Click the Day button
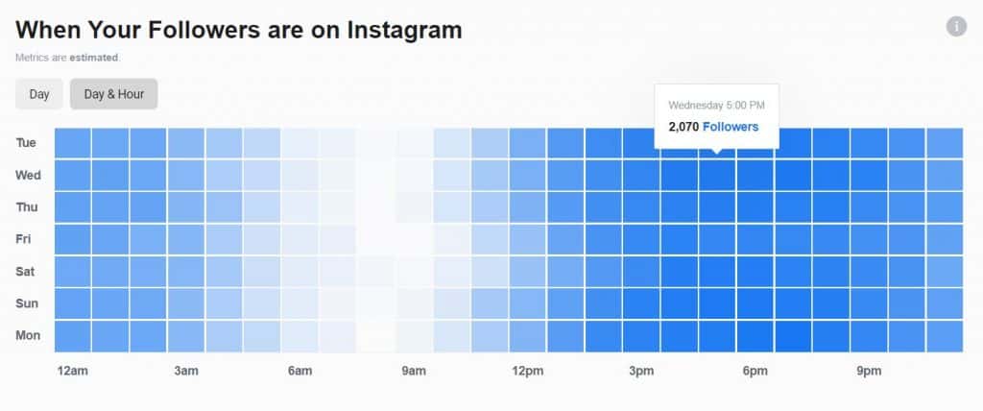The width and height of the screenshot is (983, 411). click(39, 94)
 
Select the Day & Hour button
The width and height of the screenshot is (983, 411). click(113, 94)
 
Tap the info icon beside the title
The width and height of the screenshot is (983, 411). click(955, 27)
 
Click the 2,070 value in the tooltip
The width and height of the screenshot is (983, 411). click(683, 127)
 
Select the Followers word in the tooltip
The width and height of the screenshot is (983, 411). click(731, 127)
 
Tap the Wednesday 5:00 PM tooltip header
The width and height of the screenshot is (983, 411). click(716, 105)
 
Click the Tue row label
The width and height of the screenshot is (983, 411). click(27, 143)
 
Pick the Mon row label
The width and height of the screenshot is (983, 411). click(27, 336)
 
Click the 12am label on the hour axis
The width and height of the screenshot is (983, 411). click(73, 372)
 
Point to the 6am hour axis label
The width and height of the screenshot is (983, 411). click(300, 372)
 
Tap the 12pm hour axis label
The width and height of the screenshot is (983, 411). click(527, 372)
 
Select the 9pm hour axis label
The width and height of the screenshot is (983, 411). click(868, 372)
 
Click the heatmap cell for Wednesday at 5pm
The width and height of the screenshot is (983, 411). click(716, 175)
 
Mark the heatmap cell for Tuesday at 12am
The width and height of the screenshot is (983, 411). click(73, 143)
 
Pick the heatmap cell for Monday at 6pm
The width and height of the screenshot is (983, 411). click(755, 336)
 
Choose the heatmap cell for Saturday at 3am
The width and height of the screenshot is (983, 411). click(186, 272)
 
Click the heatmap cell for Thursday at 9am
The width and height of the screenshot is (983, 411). click(414, 207)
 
